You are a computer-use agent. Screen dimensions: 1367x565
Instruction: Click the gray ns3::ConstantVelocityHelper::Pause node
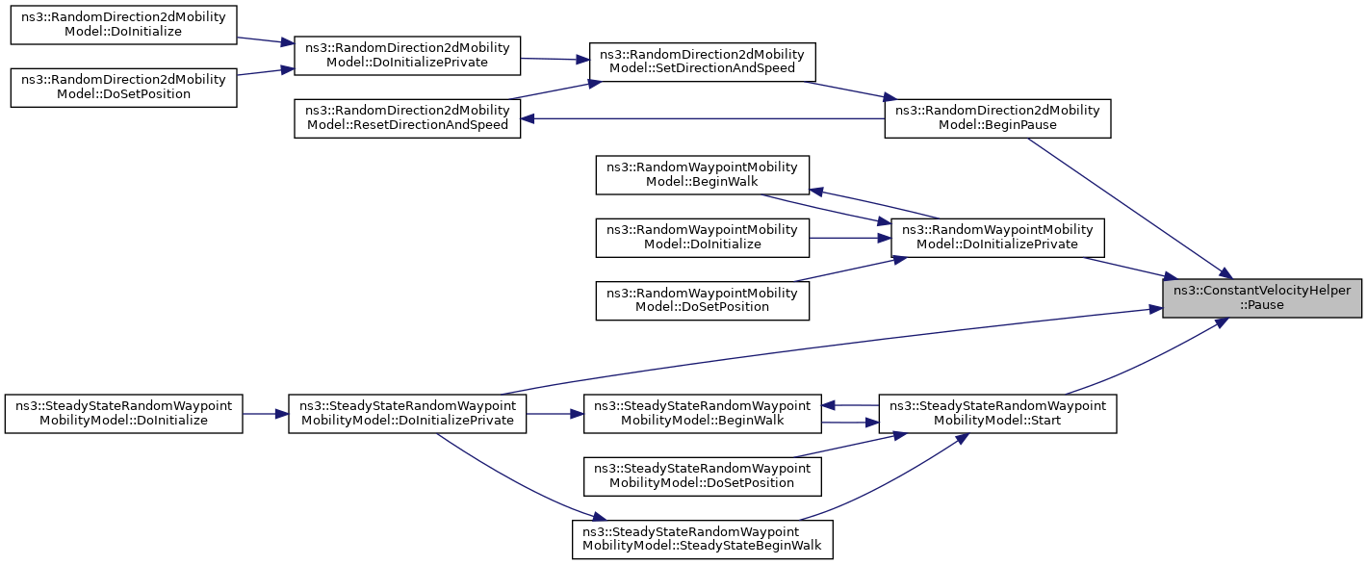click(x=1261, y=297)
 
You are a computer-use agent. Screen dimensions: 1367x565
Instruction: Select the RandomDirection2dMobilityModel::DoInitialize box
click(x=123, y=24)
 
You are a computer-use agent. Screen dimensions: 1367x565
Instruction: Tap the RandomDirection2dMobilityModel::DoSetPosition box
click(x=123, y=88)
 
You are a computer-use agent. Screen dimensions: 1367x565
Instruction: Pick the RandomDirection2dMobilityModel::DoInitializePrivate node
click(x=407, y=56)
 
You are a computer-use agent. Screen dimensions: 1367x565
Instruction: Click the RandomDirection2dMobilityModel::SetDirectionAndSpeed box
click(x=702, y=62)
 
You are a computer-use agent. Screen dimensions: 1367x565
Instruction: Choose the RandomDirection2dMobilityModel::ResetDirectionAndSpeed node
click(x=407, y=118)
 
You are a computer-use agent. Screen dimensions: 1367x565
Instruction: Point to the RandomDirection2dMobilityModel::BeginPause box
click(x=997, y=118)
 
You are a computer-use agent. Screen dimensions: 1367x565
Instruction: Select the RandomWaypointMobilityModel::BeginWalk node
click(x=703, y=175)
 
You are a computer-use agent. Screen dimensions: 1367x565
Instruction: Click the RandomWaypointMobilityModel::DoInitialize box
click(x=703, y=238)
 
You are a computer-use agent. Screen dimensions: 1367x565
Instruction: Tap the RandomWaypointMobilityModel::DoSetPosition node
click(x=703, y=300)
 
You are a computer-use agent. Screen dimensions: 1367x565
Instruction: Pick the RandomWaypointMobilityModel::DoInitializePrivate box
click(x=997, y=238)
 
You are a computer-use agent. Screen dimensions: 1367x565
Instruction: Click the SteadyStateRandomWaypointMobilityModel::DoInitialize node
click(x=123, y=414)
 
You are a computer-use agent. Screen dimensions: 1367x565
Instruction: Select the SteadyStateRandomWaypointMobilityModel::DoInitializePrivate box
click(x=407, y=414)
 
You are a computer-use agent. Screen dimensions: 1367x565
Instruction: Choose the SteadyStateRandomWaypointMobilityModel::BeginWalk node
click(x=703, y=414)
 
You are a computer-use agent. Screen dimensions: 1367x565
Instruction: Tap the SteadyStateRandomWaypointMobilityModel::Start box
click(x=997, y=414)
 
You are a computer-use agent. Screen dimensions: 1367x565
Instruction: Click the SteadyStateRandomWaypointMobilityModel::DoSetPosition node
click(x=703, y=476)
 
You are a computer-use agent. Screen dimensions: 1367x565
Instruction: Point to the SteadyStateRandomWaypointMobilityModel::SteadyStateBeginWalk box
click(x=703, y=539)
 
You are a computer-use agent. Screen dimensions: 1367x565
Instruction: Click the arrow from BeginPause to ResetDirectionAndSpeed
click(x=703, y=119)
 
